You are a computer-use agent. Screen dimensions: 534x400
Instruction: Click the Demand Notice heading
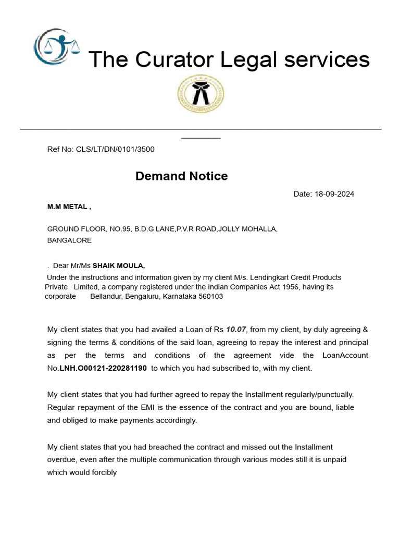click(x=181, y=176)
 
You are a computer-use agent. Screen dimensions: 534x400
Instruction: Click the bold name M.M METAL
click(x=68, y=207)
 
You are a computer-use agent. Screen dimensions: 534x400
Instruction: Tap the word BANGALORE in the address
click(x=69, y=240)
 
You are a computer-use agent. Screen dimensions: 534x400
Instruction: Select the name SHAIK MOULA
click(x=118, y=265)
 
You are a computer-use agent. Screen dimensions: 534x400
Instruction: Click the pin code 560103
click(x=209, y=296)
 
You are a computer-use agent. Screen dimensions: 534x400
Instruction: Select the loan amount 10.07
click(x=235, y=330)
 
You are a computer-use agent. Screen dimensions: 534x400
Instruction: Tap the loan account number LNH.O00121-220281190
click(x=102, y=368)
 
